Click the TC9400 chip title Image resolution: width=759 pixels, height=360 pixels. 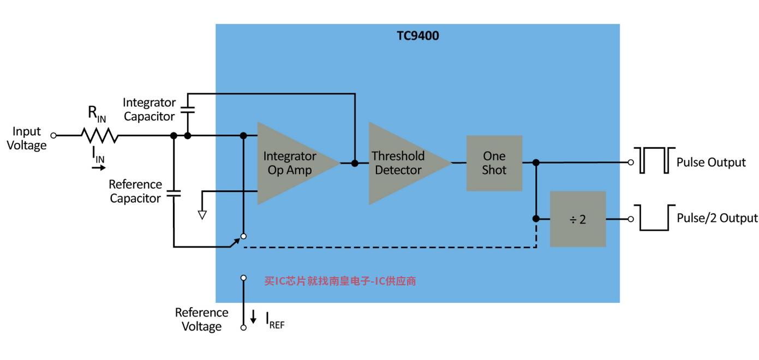(418, 35)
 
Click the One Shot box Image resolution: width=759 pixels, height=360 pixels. (494, 163)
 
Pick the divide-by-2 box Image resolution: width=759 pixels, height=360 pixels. (578, 219)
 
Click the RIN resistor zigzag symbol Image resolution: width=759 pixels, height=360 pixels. (100, 135)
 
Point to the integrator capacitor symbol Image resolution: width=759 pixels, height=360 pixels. (187, 110)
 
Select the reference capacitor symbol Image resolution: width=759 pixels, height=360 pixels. (174, 194)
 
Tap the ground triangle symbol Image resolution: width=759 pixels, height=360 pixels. (202, 215)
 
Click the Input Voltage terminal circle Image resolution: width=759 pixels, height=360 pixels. (53, 135)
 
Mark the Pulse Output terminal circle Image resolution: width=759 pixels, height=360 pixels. (631, 163)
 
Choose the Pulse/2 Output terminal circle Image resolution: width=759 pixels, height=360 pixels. (631, 219)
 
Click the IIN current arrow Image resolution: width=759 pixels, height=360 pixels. (99, 167)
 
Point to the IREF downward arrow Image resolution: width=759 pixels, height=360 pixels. (253, 316)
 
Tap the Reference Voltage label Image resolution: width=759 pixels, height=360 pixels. (201, 319)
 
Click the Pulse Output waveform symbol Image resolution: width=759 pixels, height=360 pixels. (655, 160)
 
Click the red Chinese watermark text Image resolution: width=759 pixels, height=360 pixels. (340, 281)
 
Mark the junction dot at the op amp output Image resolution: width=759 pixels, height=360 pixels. (355, 163)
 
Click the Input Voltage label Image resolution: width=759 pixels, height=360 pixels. (27, 138)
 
